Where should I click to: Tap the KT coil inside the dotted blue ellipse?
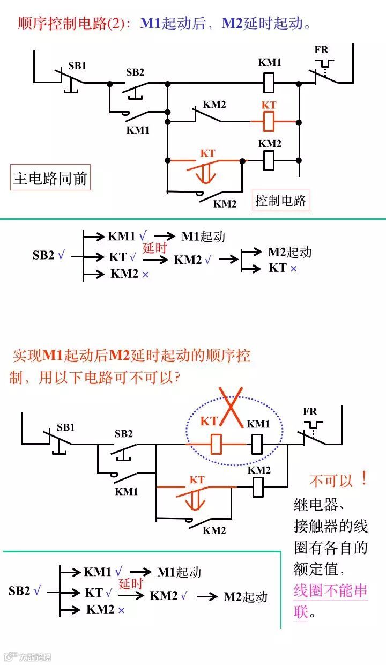[217, 444]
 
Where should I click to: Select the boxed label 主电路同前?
[50, 178]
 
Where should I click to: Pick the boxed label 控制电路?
[280, 201]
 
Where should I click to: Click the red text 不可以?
[331, 481]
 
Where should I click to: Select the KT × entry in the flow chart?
[283, 268]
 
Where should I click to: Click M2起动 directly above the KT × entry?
[289, 252]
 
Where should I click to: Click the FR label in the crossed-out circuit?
[309, 411]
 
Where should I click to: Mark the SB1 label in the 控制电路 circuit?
[77, 66]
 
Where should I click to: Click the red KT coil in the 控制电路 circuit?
[269, 121]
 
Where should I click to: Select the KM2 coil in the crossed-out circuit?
[258, 486]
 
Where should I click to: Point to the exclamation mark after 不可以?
[365, 479]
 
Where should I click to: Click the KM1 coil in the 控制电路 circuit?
[270, 83]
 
